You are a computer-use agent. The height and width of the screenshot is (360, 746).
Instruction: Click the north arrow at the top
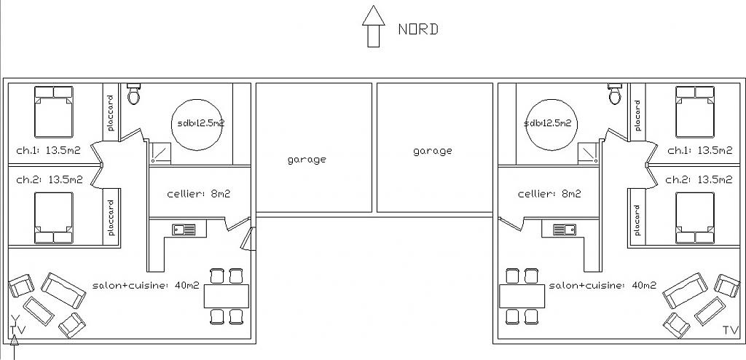[x=373, y=26]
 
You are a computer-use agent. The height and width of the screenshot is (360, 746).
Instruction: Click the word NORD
[x=418, y=30]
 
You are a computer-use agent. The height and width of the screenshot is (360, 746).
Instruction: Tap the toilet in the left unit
[x=133, y=93]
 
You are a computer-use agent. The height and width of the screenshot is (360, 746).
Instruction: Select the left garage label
[x=307, y=159]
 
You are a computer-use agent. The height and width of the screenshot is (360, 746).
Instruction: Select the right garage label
[x=433, y=151]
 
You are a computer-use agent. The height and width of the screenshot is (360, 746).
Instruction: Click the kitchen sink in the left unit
[x=184, y=230]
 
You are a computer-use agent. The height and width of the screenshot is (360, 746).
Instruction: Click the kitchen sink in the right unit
[x=565, y=230]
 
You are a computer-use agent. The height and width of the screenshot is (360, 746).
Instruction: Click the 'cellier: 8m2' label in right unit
[x=549, y=195]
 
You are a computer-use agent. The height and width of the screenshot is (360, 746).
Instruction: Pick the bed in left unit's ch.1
[x=53, y=111]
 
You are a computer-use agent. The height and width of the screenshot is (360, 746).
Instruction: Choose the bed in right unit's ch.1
[x=695, y=111]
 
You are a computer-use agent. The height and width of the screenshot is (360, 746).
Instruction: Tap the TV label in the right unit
[x=730, y=331]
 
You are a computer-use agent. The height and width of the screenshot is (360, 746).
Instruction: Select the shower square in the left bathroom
[x=160, y=152]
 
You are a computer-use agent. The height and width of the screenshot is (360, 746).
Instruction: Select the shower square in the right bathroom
[x=587, y=151]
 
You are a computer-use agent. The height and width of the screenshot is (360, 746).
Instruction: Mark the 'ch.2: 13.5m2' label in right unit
[x=699, y=179]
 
